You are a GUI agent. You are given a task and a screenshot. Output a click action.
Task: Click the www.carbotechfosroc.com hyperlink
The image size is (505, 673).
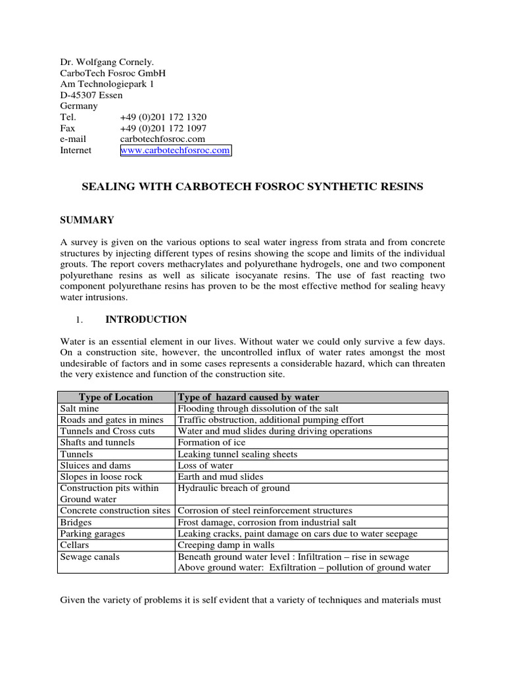175,151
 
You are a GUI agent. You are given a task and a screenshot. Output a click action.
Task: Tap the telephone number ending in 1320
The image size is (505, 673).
163,117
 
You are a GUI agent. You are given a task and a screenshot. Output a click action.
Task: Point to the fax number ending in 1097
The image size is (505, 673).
163,128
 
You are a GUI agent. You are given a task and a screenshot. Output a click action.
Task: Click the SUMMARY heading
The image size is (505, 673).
87,220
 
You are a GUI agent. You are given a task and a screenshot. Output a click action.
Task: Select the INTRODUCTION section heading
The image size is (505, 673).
146,319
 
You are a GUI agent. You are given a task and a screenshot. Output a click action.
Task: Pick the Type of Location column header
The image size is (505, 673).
116,397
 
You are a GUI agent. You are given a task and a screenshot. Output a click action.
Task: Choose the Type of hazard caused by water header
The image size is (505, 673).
249,397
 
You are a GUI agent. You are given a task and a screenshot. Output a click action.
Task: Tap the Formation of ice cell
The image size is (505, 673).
212,442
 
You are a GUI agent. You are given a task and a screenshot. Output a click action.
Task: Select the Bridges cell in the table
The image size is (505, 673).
76,522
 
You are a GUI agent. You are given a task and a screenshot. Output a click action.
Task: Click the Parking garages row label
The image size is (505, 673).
93,534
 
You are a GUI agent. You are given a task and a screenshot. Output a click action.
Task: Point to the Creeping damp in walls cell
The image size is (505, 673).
226,545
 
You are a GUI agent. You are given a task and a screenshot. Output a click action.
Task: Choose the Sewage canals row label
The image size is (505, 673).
89,557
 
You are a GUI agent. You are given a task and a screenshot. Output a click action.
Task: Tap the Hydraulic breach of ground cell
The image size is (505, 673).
233,488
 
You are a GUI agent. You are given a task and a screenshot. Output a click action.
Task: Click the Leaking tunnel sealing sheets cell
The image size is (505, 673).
237,454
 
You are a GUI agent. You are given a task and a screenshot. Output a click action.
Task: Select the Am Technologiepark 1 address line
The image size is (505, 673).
108,83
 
